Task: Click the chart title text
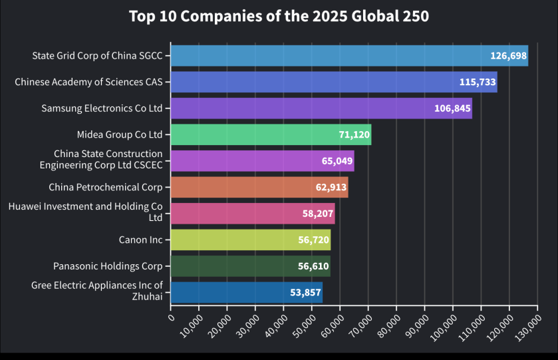pyautogui.click(x=279, y=16)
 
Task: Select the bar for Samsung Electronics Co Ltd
pyautogui.click(x=321, y=108)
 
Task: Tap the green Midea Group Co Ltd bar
pyautogui.click(x=271, y=134)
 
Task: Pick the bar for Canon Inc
pyautogui.click(x=250, y=240)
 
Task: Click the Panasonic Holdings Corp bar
pyautogui.click(x=250, y=266)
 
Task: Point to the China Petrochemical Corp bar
pyautogui.click(x=259, y=187)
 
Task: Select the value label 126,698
pyautogui.click(x=509, y=55)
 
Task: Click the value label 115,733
pyautogui.click(x=478, y=82)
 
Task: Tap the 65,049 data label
pyautogui.click(x=335, y=161)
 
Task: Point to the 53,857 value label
pyautogui.click(x=303, y=292)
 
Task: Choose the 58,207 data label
pyautogui.click(x=315, y=214)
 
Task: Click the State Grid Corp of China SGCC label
pyautogui.click(x=97, y=55)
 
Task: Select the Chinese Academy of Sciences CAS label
pyautogui.click(x=88, y=82)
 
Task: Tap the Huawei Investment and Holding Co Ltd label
pyautogui.click(x=85, y=212)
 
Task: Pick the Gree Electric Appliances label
pyautogui.click(x=96, y=291)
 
